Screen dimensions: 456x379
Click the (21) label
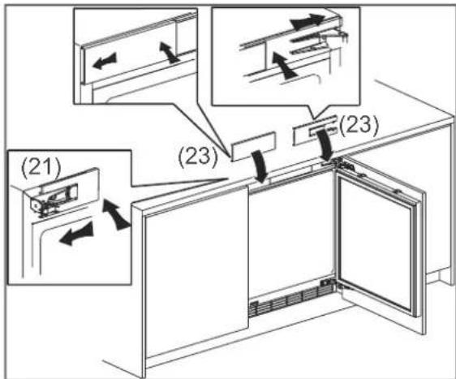[x=41, y=168]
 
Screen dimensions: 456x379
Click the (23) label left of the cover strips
[x=198, y=157]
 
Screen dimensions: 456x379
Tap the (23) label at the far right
[x=359, y=125]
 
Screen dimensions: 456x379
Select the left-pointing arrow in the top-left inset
[x=105, y=61]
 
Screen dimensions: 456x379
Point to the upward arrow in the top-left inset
[x=169, y=52]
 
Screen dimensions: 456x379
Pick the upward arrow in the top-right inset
[x=283, y=66]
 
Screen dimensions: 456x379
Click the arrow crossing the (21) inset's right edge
[x=116, y=213]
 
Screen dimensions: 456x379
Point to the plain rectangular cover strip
[x=253, y=146]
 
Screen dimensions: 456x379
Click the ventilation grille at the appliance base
[x=290, y=299]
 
